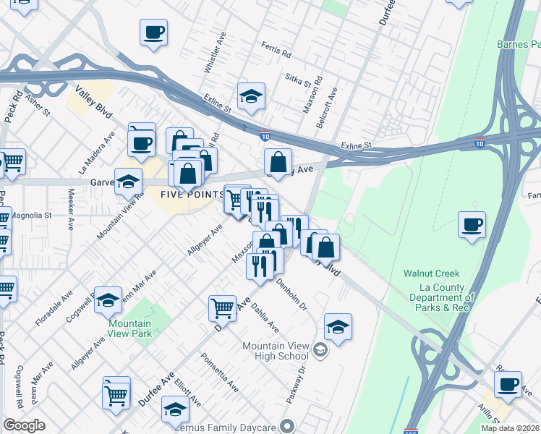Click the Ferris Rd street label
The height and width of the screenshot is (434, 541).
coord(277,54)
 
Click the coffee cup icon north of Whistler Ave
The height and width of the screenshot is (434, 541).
coord(153,33)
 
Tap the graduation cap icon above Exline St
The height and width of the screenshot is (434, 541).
coord(251,96)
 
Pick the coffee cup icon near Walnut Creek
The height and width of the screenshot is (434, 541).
coord(472,224)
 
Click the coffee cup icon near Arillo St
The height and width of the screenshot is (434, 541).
coord(508,383)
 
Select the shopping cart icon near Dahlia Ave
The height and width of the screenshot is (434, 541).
coord(222,307)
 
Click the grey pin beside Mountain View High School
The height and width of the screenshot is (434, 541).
coord(320,351)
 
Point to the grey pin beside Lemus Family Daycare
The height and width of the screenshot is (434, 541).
coord(288,425)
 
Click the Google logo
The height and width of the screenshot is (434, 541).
coord(24,425)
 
